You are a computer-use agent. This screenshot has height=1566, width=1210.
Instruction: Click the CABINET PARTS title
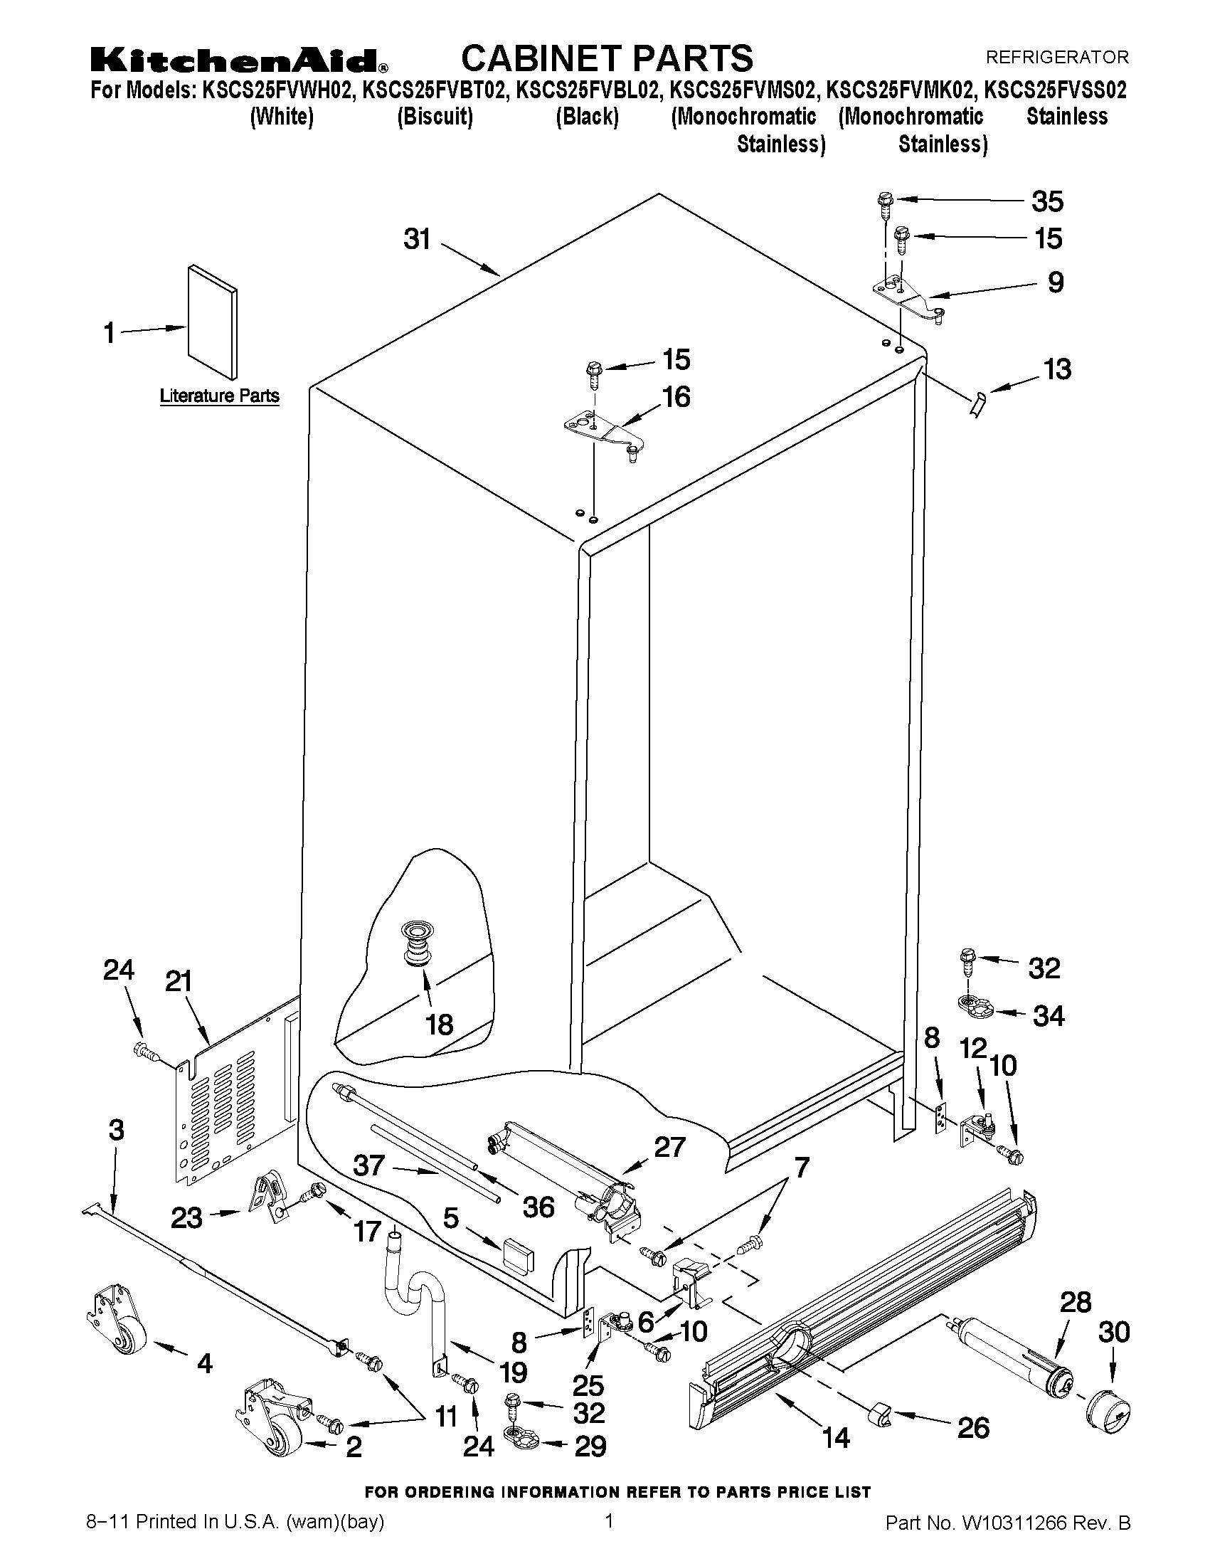(x=607, y=58)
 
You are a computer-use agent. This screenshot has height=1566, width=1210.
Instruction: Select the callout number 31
(x=417, y=239)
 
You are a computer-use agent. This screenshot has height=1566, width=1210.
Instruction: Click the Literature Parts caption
(x=219, y=396)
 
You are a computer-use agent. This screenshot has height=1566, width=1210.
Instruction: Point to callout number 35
(x=1047, y=201)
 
